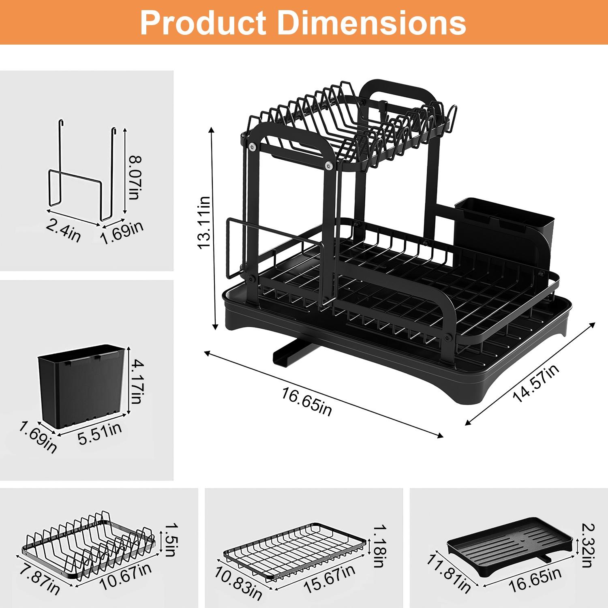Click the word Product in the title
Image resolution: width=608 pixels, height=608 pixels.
pyautogui.click(x=203, y=23)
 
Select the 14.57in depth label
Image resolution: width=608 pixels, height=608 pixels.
pyautogui.click(x=536, y=383)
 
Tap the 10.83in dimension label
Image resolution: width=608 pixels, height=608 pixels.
pyautogui.click(x=238, y=582)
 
